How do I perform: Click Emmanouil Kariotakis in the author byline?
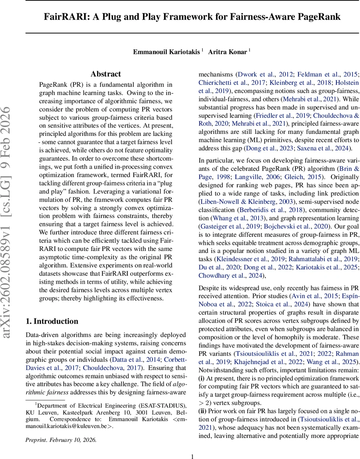(x=166, y=52)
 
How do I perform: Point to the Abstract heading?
(x=105, y=74)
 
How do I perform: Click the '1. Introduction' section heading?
(x=52, y=321)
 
